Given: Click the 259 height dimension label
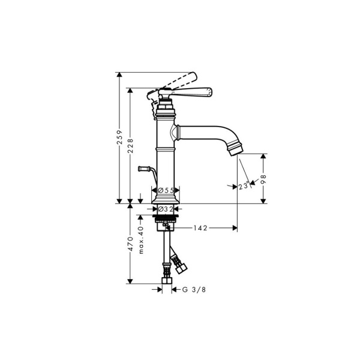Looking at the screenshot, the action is click(x=119, y=137).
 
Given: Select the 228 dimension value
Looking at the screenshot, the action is click(x=130, y=146).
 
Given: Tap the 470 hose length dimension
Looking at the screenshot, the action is click(x=130, y=244).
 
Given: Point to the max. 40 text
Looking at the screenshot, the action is click(x=141, y=240).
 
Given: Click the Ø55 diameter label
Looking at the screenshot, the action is click(x=166, y=190).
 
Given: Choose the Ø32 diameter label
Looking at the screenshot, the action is click(x=166, y=209).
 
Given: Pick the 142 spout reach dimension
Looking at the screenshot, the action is click(x=200, y=228).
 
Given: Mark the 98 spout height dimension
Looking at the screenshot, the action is click(x=263, y=179).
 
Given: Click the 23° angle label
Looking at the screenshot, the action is click(x=244, y=185).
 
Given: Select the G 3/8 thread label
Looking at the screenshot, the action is click(x=194, y=290).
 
